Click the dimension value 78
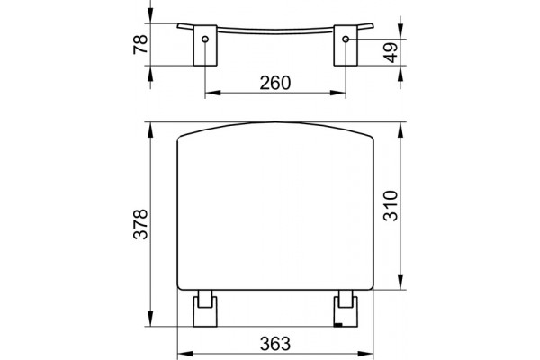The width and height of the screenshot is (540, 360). point(140,44)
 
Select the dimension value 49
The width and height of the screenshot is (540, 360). point(391,52)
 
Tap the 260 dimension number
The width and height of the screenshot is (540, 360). point(275,83)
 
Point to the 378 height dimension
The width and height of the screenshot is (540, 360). point(140,224)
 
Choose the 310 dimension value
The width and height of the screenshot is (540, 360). point(391,206)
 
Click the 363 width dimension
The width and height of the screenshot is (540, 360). point(275,344)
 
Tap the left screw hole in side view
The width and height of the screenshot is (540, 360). point(205,39)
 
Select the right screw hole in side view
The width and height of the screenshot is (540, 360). point(346,39)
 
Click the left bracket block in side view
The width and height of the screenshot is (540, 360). point(205,45)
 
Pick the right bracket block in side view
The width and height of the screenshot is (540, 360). point(346,45)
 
